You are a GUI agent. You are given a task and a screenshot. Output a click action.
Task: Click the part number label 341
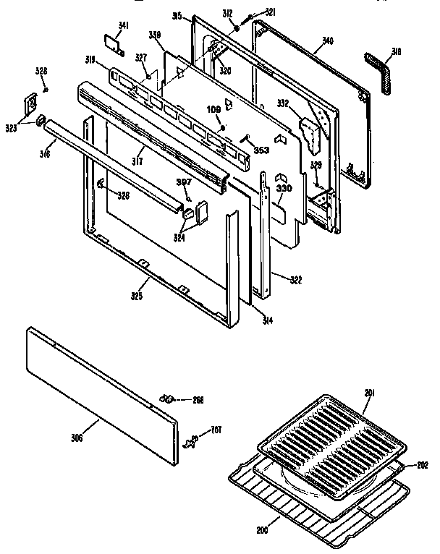pyautogui.click(x=124, y=26)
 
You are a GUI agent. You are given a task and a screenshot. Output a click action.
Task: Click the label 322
pyautogui.click(x=295, y=280)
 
